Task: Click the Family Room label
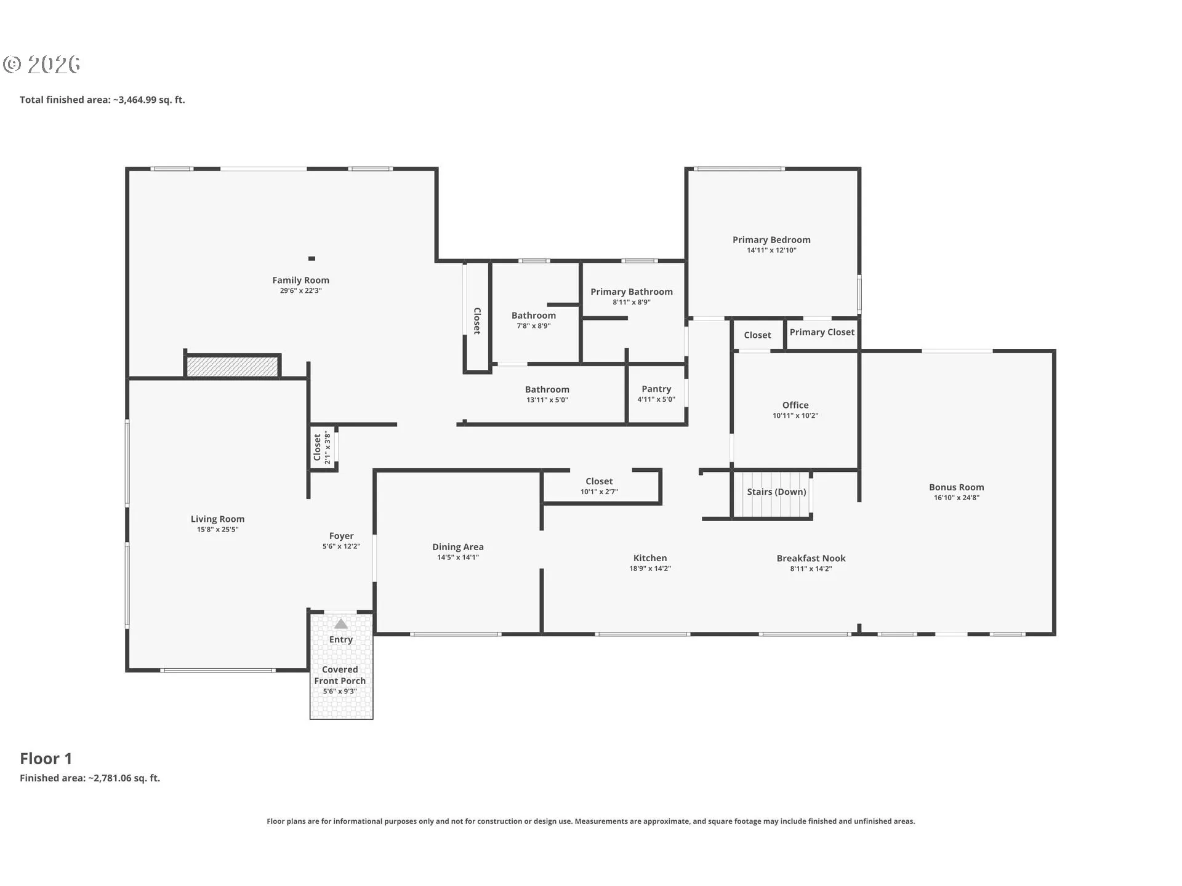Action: [x=300, y=280]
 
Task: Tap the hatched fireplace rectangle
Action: [x=232, y=366]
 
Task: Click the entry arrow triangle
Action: [x=340, y=624]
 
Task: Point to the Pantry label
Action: [x=656, y=389]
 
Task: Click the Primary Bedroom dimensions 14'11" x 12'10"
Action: [x=771, y=250]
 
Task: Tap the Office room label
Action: [x=795, y=405]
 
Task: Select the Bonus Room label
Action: [x=957, y=487]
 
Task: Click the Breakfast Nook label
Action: [x=811, y=558]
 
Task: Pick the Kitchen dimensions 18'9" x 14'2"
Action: [x=650, y=569]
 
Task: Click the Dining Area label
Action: [x=458, y=547]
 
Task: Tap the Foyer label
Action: [x=341, y=536]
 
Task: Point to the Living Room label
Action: [x=217, y=519]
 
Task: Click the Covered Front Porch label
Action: [x=340, y=675]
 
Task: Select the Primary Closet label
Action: [x=822, y=332]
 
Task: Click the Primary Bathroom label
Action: [x=632, y=292]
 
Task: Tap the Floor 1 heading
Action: [x=46, y=759]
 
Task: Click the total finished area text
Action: [x=102, y=100]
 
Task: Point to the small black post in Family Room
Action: [x=312, y=258]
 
